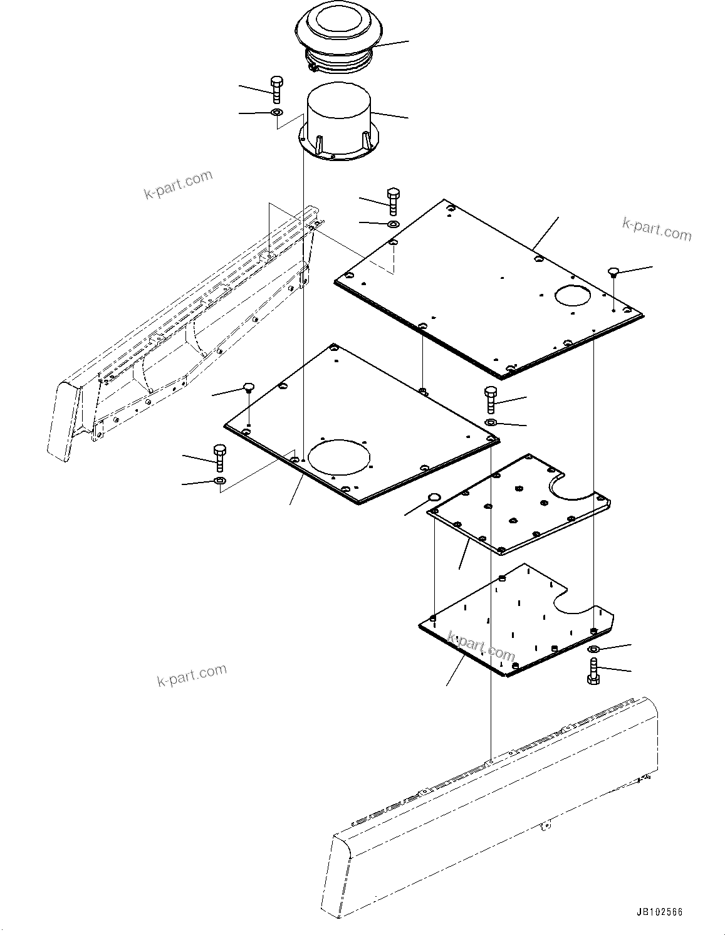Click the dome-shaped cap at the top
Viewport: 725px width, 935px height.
click(338, 28)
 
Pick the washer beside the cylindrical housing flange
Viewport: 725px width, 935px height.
click(276, 113)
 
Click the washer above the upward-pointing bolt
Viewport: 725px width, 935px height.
click(594, 649)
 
